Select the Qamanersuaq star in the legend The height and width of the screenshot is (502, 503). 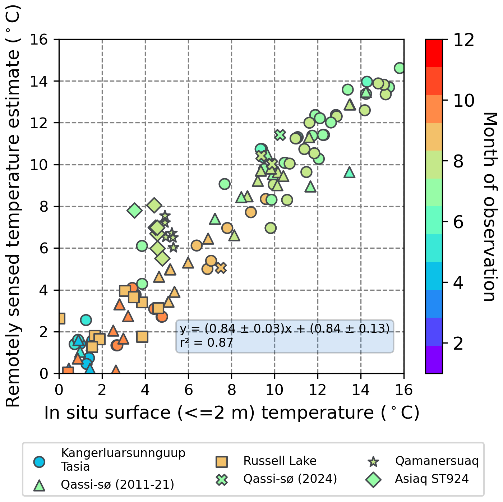(374, 461)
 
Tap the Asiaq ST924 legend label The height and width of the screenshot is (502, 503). (432, 479)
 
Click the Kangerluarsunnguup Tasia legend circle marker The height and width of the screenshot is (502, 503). (39, 462)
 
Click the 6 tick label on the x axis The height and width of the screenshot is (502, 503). (188, 390)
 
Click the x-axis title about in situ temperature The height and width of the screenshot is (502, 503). (232, 413)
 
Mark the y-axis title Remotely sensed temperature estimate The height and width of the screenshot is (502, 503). (13, 207)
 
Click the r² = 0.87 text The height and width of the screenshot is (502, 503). (207, 343)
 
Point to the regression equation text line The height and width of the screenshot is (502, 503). (285, 328)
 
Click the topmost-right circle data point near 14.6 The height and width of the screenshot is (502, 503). (400, 68)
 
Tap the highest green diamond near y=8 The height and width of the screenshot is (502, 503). (154, 205)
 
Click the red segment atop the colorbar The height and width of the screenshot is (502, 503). (434, 53)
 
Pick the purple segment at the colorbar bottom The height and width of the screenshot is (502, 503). (434, 359)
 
